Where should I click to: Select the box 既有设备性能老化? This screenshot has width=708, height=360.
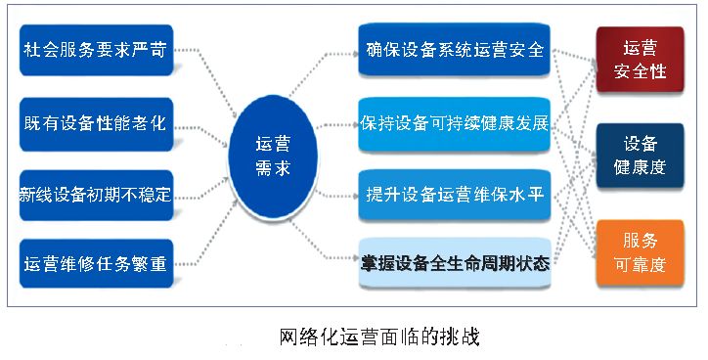(96, 124)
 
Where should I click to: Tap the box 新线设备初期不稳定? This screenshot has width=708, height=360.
(96, 194)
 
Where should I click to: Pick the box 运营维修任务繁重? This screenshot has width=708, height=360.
(96, 263)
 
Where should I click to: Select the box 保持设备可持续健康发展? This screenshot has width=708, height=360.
(453, 124)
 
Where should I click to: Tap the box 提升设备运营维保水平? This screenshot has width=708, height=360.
(453, 194)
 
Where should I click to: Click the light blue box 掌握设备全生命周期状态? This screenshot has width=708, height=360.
(453, 263)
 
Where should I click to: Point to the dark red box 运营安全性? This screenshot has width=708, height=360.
(640, 60)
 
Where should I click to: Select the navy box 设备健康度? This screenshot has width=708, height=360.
(640, 155)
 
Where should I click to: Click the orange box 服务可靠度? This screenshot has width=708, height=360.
(640, 251)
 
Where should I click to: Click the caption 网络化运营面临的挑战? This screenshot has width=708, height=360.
(379, 337)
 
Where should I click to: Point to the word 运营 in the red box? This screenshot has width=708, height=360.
(640, 47)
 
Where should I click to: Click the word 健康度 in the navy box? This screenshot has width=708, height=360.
(640, 167)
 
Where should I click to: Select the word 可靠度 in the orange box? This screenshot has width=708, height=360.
(640, 264)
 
